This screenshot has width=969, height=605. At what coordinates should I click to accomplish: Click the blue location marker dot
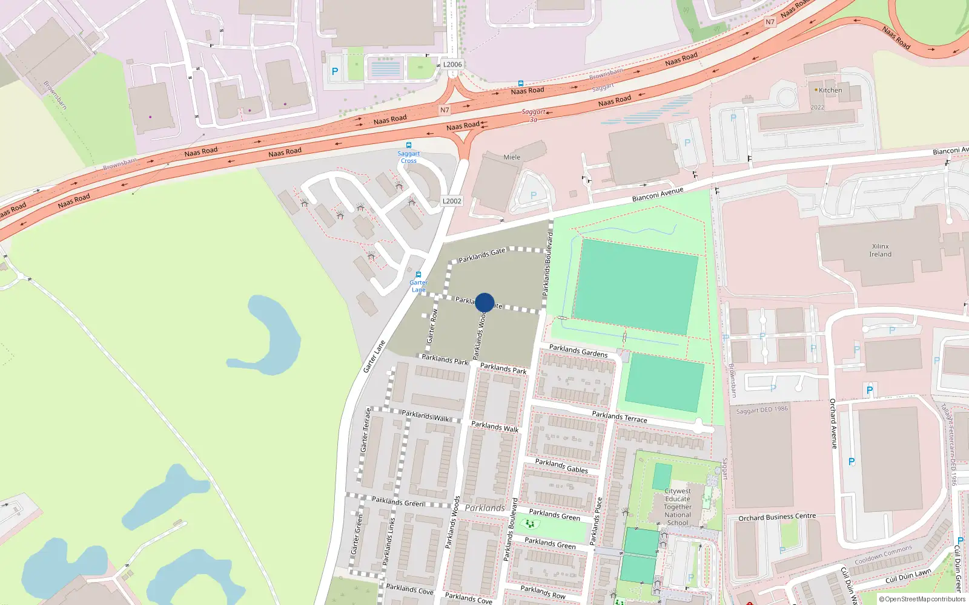[x=484, y=302]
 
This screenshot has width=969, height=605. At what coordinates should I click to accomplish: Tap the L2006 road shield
[x=452, y=65]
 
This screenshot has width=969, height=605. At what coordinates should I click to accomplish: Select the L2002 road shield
[x=452, y=201]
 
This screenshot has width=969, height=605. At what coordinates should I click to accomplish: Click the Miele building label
[x=512, y=157]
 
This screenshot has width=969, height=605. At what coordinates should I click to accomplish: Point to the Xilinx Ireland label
[x=880, y=250]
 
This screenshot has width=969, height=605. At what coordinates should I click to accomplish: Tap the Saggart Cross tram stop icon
[x=409, y=145]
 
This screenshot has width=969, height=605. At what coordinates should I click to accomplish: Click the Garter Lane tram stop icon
[x=418, y=275]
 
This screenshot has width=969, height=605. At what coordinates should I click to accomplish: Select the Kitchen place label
[x=830, y=90]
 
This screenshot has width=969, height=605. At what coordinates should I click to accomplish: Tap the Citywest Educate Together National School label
[x=677, y=507]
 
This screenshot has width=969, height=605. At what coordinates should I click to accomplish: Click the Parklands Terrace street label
[x=619, y=417]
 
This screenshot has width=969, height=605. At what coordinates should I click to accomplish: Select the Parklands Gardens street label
[x=578, y=351]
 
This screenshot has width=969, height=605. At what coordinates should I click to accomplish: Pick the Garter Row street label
[x=432, y=327]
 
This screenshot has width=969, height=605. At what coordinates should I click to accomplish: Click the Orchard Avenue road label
[x=833, y=423]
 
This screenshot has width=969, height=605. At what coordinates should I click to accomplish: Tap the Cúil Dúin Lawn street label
[x=908, y=576]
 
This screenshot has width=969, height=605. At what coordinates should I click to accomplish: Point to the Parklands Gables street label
[x=561, y=465]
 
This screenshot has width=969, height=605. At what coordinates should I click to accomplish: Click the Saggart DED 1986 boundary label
[x=762, y=410]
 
